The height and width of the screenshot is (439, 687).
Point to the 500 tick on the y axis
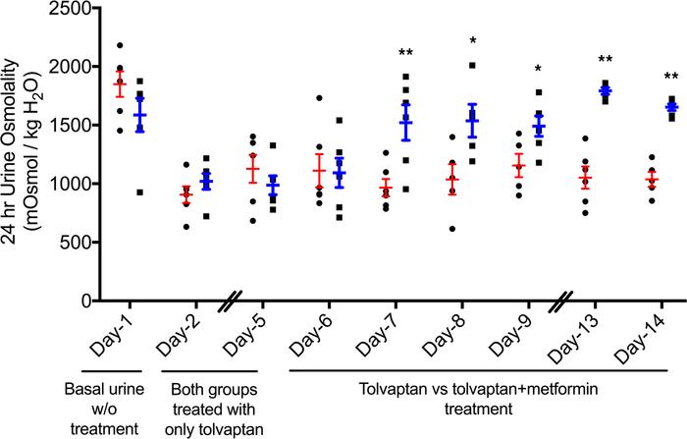[76, 242]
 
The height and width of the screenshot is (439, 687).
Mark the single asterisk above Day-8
[473, 42]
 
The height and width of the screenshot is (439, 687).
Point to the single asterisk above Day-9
[537, 70]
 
